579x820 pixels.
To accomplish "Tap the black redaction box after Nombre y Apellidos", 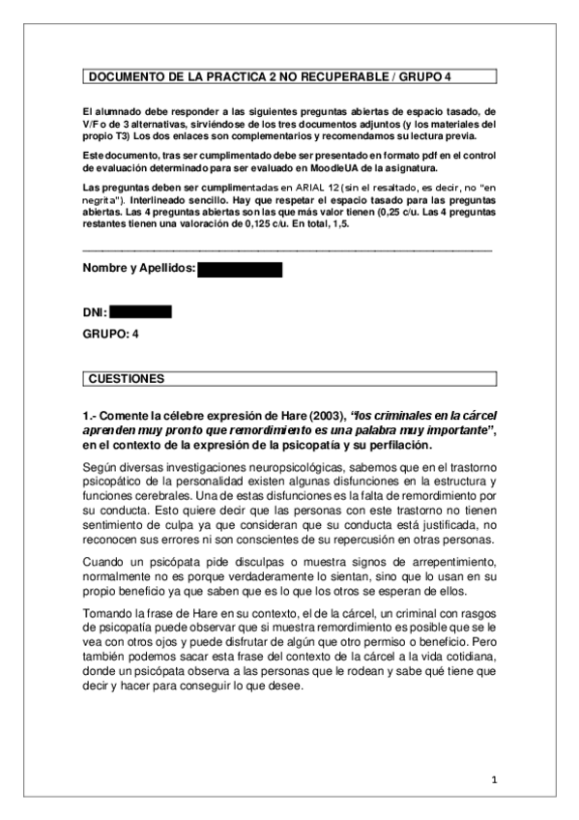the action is [x=240, y=270].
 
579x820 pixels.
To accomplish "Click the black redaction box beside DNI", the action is [x=140, y=311].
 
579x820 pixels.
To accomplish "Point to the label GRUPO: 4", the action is [x=112, y=335].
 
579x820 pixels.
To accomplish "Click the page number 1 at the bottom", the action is [x=493, y=779].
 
